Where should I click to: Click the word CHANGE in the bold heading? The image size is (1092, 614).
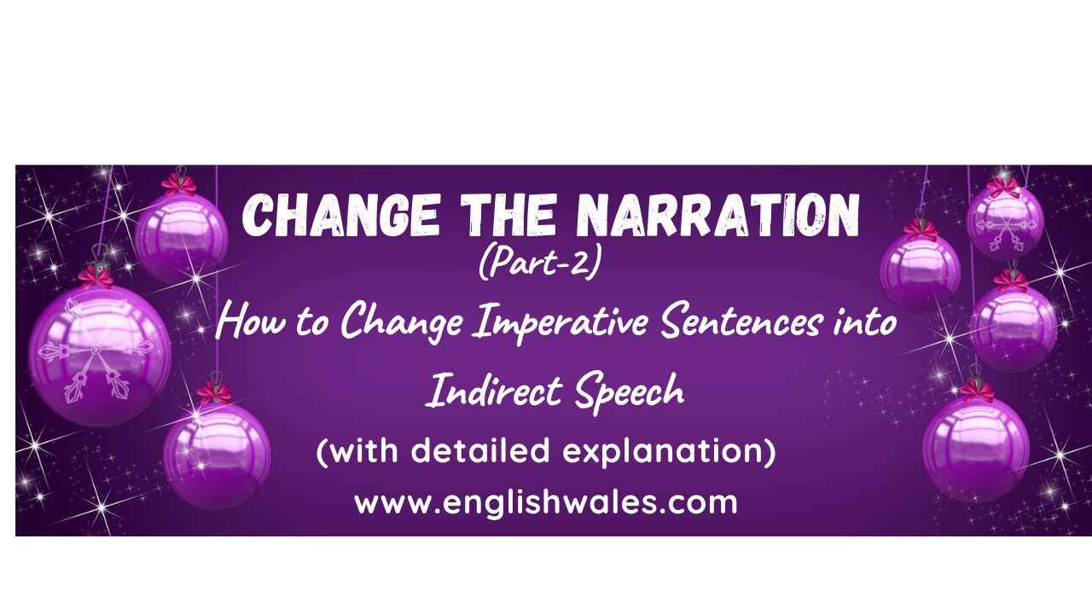[340, 216]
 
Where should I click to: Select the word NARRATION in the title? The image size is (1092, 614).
[717, 216]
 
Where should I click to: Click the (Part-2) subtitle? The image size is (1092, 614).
[540, 262]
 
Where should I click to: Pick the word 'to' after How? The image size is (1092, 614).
[312, 324]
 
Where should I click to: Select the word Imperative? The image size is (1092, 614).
[560, 323]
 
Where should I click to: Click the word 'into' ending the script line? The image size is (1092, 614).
[865, 322]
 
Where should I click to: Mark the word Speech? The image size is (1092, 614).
[630, 393]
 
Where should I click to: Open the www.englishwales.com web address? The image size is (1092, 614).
[546, 502]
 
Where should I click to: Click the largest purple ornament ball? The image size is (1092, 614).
[100, 356]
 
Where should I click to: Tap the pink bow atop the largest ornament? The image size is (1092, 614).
[96, 277]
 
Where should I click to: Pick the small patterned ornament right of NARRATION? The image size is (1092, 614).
[1005, 223]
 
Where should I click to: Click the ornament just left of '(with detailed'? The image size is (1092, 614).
[217, 456]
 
